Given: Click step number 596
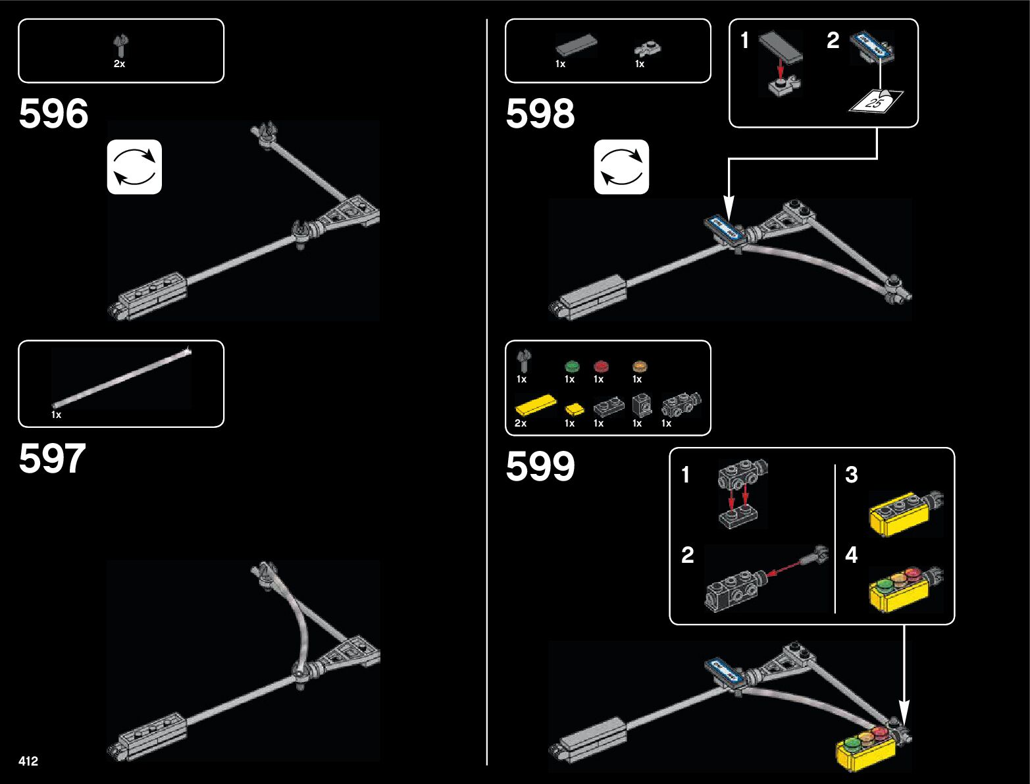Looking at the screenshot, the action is point(53,114).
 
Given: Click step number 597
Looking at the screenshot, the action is point(52,459).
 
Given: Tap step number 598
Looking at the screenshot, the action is point(540,114).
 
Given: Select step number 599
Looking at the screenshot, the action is point(540,467).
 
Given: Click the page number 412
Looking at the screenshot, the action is point(28,761).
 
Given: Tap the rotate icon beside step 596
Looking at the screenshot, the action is point(134,167).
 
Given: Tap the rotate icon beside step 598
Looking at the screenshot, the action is point(621,167).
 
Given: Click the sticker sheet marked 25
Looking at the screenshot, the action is point(876,101).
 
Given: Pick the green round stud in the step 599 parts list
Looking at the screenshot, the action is point(571,366).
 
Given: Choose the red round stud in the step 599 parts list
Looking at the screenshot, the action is point(600,366).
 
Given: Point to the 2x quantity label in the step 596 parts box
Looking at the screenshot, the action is point(119,64).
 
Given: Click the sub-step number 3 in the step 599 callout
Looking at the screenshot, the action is point(851,475).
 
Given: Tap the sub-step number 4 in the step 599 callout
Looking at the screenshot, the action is point(851,555).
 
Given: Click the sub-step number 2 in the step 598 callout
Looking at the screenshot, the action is point(833,41).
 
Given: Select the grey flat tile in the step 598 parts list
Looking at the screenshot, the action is point(576,46).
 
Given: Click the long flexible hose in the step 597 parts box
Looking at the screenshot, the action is point(122,379).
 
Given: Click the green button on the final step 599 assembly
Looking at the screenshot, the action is point(852,744).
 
